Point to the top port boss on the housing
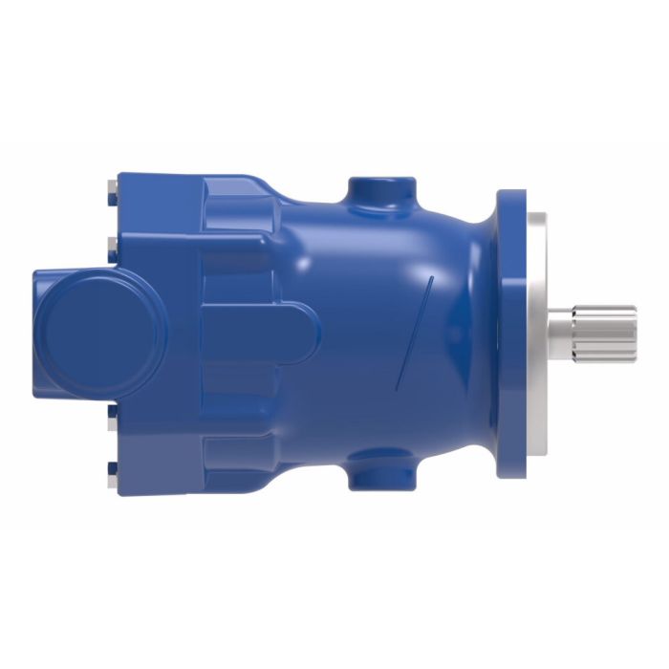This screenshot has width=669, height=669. click(381, 191)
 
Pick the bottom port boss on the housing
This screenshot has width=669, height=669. click(380, 470)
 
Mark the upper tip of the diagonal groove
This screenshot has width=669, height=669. click(433, 278)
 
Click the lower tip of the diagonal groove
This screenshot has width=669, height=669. click(399, 387)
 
